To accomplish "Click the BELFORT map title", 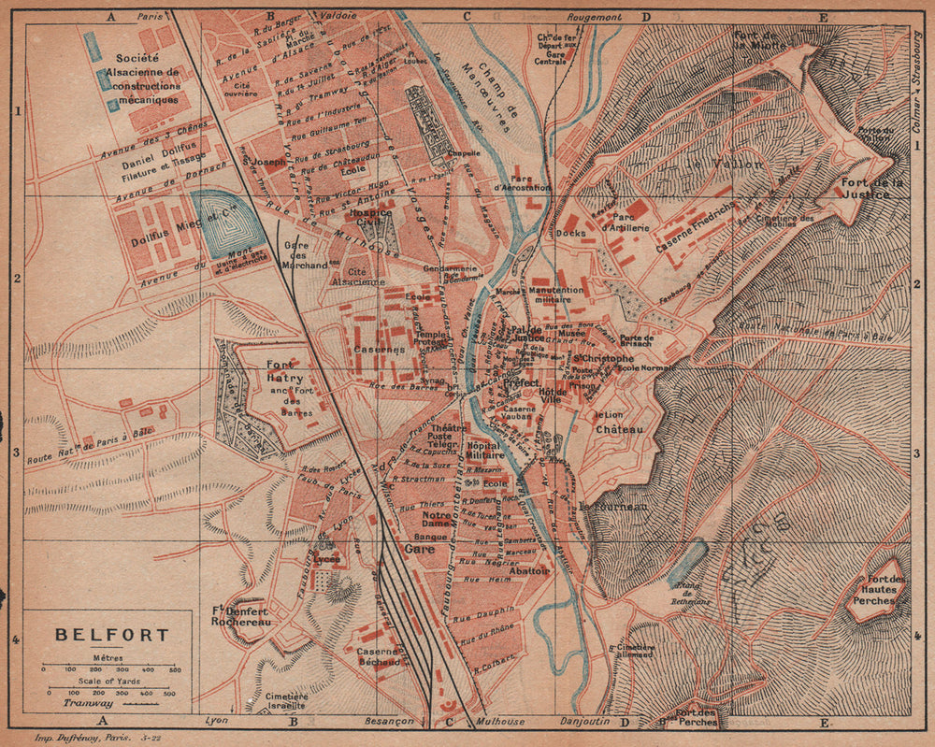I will (112, 635).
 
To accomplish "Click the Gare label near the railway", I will (415, 551).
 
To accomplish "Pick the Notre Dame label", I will (437, 519).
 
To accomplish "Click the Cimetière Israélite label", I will (286, 702).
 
